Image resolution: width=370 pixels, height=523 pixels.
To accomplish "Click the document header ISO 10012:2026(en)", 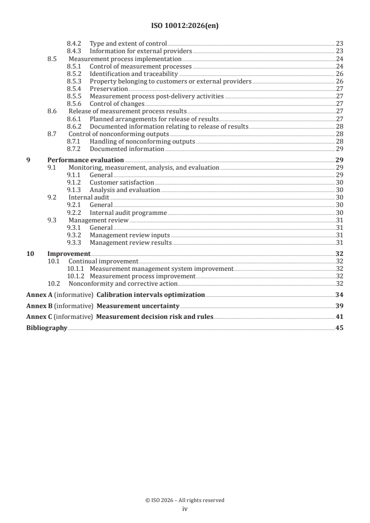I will coord(185,26).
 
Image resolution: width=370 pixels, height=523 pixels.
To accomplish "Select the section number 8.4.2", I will coord(75,43).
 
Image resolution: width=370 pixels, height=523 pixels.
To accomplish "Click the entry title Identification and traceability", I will coord(133,74).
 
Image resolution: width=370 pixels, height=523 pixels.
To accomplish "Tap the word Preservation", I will coord(109,89).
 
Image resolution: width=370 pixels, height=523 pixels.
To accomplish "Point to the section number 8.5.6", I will coord(75,103).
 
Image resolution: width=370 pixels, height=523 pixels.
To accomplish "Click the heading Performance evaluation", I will coord(85,160).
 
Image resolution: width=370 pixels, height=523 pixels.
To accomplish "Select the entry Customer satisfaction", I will coord(121,182).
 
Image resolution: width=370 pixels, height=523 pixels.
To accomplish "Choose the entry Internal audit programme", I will coord(128,213).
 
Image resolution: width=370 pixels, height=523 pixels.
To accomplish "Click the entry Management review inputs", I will coord(130,235).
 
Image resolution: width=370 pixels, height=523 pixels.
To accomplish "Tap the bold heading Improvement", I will coord(69,254).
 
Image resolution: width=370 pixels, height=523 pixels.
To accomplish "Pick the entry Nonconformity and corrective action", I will coord(123,283).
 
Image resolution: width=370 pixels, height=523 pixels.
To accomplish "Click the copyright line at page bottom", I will coord(185,500).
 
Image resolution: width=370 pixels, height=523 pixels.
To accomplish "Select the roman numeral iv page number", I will coord(185,509).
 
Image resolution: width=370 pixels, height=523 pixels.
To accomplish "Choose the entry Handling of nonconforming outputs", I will coord(142,141).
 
